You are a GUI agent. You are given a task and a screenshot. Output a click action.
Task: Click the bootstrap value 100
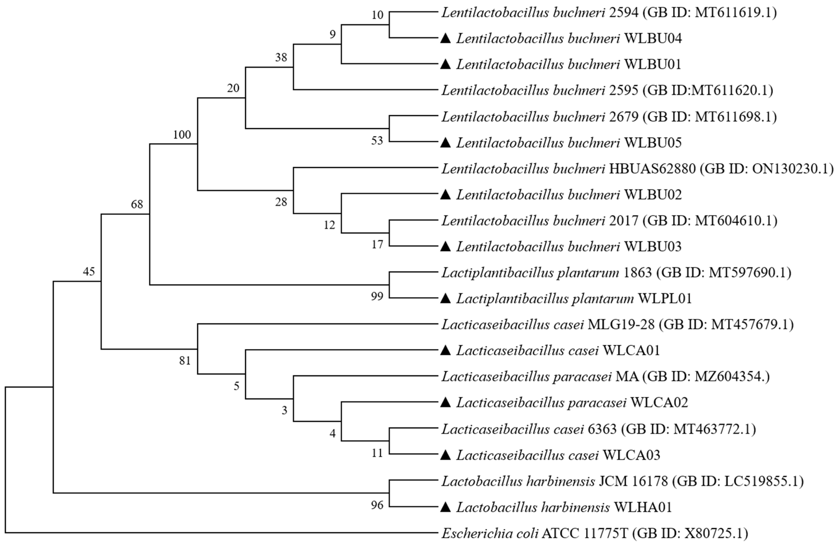[182, 134]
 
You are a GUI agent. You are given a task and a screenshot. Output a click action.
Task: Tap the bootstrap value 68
[137, 204]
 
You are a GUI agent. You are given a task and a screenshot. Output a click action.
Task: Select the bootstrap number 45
[89, 271]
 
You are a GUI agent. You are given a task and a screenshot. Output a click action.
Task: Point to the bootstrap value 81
[185, 361]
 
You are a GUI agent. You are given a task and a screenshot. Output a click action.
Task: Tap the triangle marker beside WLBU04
[445, 38]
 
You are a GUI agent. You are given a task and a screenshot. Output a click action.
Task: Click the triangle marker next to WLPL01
[445, 299]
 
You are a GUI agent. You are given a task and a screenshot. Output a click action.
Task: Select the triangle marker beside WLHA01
[445, 507]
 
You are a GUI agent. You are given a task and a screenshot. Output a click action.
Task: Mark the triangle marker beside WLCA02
[445, 403]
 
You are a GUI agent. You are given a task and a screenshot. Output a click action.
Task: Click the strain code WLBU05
[653, 143]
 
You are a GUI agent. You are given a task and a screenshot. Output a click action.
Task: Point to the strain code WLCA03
[631, 455]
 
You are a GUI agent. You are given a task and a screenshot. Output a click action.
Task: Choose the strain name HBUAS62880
[652, 169]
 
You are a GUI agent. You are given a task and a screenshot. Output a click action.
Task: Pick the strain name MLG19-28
[621, 324]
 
